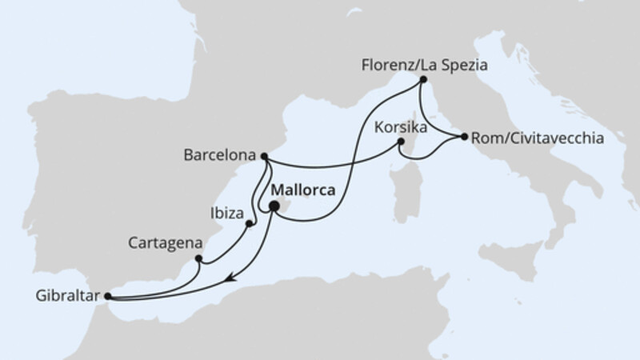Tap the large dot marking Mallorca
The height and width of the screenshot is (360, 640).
click(x=274, y=206)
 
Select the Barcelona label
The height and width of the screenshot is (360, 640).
click(x=226, y=155)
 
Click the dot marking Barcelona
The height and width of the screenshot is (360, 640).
click(x=265, y=156)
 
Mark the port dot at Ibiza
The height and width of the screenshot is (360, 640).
click(x=250, y=223)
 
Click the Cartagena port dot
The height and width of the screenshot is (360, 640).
click(x=198, y=258)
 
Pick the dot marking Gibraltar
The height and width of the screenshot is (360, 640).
click(x=107, y=297)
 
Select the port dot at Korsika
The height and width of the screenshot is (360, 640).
click(x=402, y=143)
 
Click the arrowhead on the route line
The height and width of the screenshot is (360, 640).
click(x=230, y=278)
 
